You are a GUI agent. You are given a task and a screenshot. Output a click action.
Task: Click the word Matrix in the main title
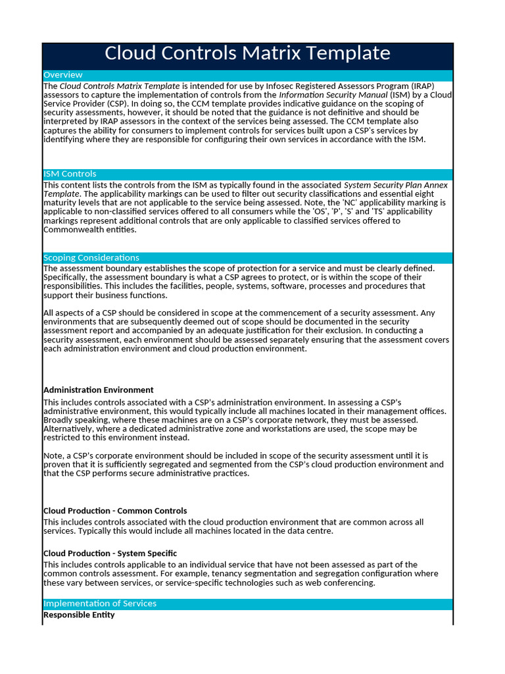[275, 53]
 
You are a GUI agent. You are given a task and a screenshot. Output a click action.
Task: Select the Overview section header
[63, 75]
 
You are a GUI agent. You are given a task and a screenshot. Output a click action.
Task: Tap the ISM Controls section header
[70, 174]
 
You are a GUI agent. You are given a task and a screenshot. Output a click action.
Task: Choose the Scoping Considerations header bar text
[91, 257]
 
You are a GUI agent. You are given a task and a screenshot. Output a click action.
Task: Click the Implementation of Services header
[100, 604]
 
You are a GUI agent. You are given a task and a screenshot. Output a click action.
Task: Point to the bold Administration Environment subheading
[99, 390]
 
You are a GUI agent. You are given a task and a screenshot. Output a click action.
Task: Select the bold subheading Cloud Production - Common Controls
[115, 511]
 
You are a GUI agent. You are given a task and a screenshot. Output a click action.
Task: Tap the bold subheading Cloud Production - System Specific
[110, 554]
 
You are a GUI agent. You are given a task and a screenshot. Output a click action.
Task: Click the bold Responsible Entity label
[79, 615]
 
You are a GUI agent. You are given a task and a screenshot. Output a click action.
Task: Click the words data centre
[310, 531]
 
